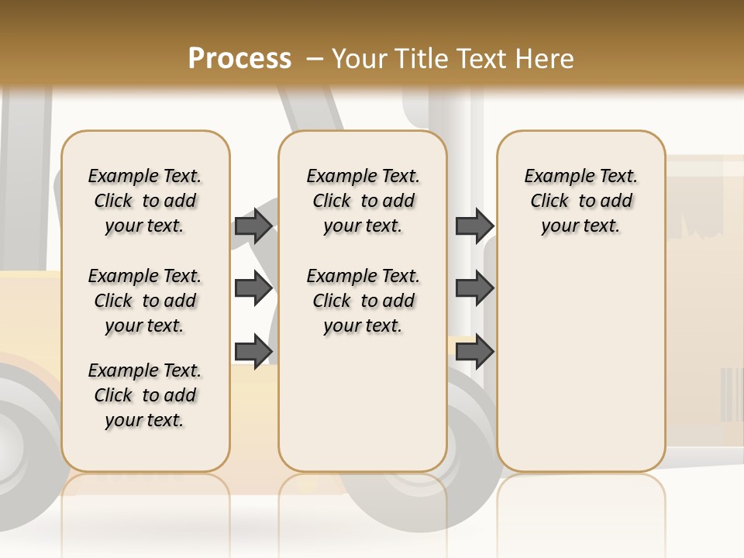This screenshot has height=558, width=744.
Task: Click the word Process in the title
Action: [x=239, y=59]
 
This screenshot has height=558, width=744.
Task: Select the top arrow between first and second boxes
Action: [x=253, y=226]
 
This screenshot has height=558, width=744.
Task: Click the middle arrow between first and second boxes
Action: [x=253, y=288]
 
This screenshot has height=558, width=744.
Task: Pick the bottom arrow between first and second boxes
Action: [x=253, y=351]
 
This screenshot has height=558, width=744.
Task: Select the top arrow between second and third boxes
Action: [x=474, y=226]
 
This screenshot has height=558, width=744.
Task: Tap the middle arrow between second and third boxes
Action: [x=474, y=288]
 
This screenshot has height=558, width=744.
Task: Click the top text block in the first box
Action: [x=145, y=201]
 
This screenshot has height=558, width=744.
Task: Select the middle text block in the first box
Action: [x=145, y=301]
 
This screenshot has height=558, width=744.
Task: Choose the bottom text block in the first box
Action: [x=145, y=395]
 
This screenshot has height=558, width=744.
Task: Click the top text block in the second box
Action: [x=363, y=201]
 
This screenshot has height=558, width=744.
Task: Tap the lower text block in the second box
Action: [x=363, y=301]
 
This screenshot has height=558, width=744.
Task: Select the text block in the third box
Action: [x=581, y=201]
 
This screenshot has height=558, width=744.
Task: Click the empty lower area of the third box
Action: [x=581, y=364]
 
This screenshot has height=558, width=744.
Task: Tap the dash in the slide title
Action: [x=315, y=59]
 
